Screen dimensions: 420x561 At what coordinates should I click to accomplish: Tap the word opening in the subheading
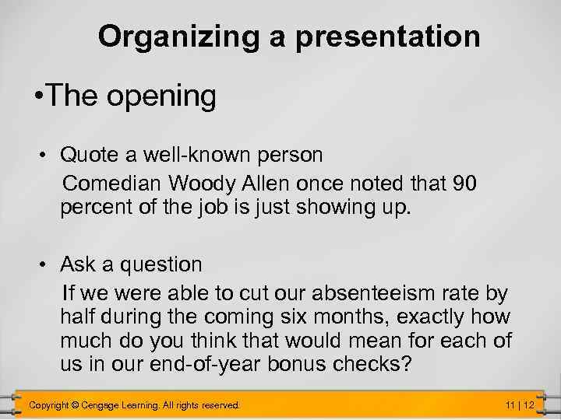(x=163, y=96)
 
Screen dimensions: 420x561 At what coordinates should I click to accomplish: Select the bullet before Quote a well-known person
(x=48, y=156)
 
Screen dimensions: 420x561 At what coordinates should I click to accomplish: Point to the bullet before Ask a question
(x=48, y=265)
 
